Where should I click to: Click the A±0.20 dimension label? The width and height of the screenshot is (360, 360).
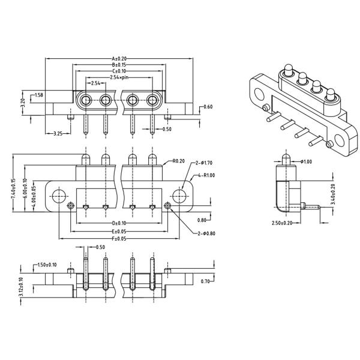click(119, 58)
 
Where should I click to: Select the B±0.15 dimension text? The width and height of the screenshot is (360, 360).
click(119, 64)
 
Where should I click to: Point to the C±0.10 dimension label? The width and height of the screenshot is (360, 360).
click(119, 71)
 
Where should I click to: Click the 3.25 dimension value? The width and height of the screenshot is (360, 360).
click(59, 133)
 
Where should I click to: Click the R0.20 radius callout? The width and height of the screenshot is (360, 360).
click(178, 161)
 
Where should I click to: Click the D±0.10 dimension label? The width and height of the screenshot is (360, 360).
click(119, 224)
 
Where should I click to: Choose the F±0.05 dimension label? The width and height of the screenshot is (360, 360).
click(119, 238)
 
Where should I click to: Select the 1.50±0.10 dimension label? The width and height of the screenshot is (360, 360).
click(47, 264)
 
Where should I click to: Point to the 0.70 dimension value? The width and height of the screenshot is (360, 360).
click(205, 281)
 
